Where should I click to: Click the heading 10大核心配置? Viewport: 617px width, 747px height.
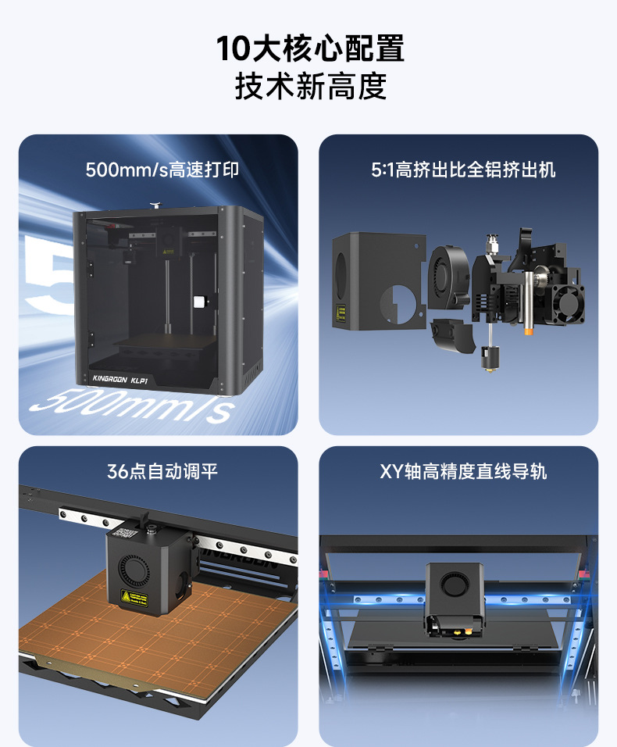click(x=310, y=48)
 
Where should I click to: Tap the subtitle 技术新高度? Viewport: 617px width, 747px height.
click(x=310, y=86)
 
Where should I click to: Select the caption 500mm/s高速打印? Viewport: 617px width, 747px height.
click(x=162, y=170)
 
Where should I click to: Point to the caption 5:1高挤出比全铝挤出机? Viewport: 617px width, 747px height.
click(x=462, y=170)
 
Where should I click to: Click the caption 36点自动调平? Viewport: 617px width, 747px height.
click(x=162, y=472)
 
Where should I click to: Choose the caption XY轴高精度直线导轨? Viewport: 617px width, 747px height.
click(x=462, y=472)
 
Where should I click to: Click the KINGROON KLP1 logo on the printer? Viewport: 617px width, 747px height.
click(x=120, y=379)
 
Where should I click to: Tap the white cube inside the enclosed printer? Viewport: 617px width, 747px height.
click(x=199, y=302)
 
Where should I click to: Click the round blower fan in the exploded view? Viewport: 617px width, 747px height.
click(x=447, y=277)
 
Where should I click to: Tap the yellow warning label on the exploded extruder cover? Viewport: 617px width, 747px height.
click(x=341, y=313)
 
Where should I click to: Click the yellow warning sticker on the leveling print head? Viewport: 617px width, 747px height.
click(x=134, y=598)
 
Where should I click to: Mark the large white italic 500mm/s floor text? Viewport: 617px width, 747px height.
click(x=132, y=406)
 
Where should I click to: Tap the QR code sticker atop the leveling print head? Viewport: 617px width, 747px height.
click(x=127, y=533)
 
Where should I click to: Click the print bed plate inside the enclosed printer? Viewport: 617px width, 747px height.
click(x=164, y=342)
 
